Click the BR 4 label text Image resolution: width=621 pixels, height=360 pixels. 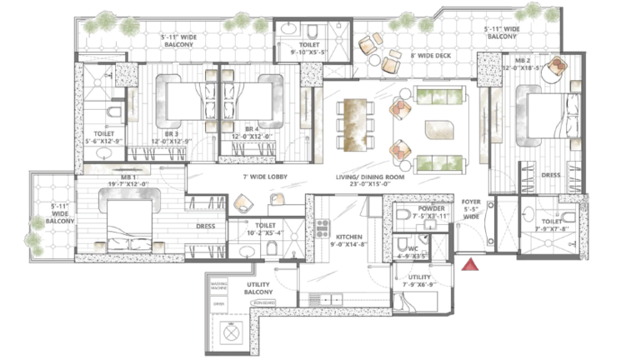click(x=243, y=132)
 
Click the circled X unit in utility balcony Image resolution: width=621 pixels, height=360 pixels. click(x=230, y=332)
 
